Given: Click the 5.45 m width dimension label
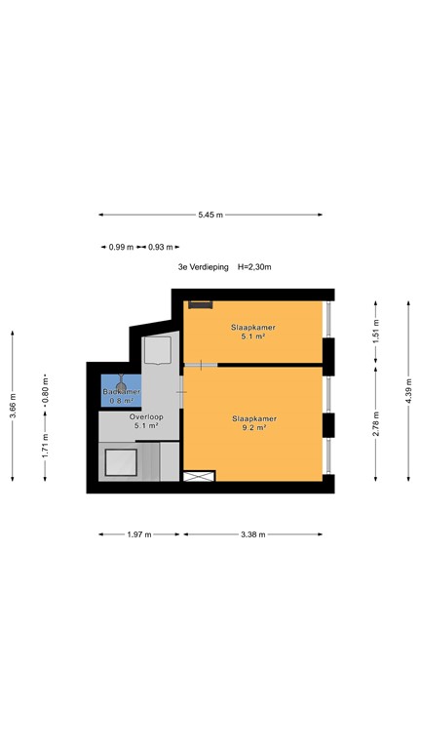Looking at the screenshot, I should (210, 215).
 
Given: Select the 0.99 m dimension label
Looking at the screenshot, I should (121, 248).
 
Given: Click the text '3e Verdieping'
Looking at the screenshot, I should (201, 266).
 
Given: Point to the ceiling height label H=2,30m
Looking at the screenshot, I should (253, 266).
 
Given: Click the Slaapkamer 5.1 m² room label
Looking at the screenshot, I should (252, 333).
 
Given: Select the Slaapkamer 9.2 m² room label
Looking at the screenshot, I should (253, 423).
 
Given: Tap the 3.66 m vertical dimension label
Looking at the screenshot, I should (13, 405).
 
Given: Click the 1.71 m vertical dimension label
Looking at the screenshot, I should (45, 446).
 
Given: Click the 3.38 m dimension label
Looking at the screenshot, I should (252, 534).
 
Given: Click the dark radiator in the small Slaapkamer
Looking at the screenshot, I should (201, 305).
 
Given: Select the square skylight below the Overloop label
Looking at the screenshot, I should (120, 460).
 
